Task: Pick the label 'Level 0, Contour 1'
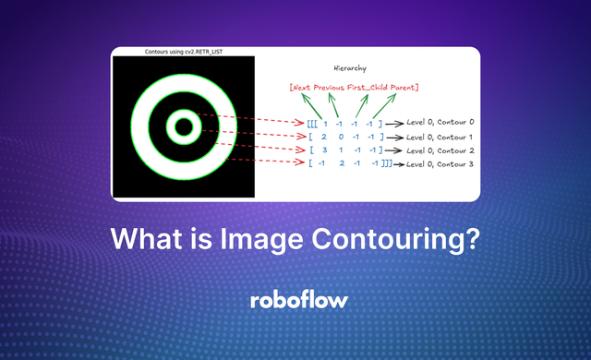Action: tap(441, 137)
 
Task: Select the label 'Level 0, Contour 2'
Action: tap(441, 150)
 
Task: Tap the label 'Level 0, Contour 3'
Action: tap(441, 163)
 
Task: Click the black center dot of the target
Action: tap(183, 126)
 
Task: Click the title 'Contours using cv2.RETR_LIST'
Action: tap(182, 52)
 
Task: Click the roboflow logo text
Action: tap(295, 301)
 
